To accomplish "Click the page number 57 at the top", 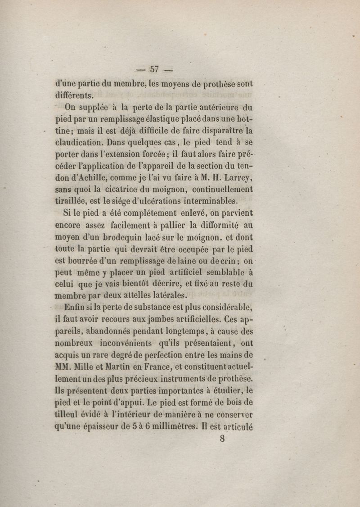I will coord(154,69).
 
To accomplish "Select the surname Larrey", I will coord(232,177).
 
